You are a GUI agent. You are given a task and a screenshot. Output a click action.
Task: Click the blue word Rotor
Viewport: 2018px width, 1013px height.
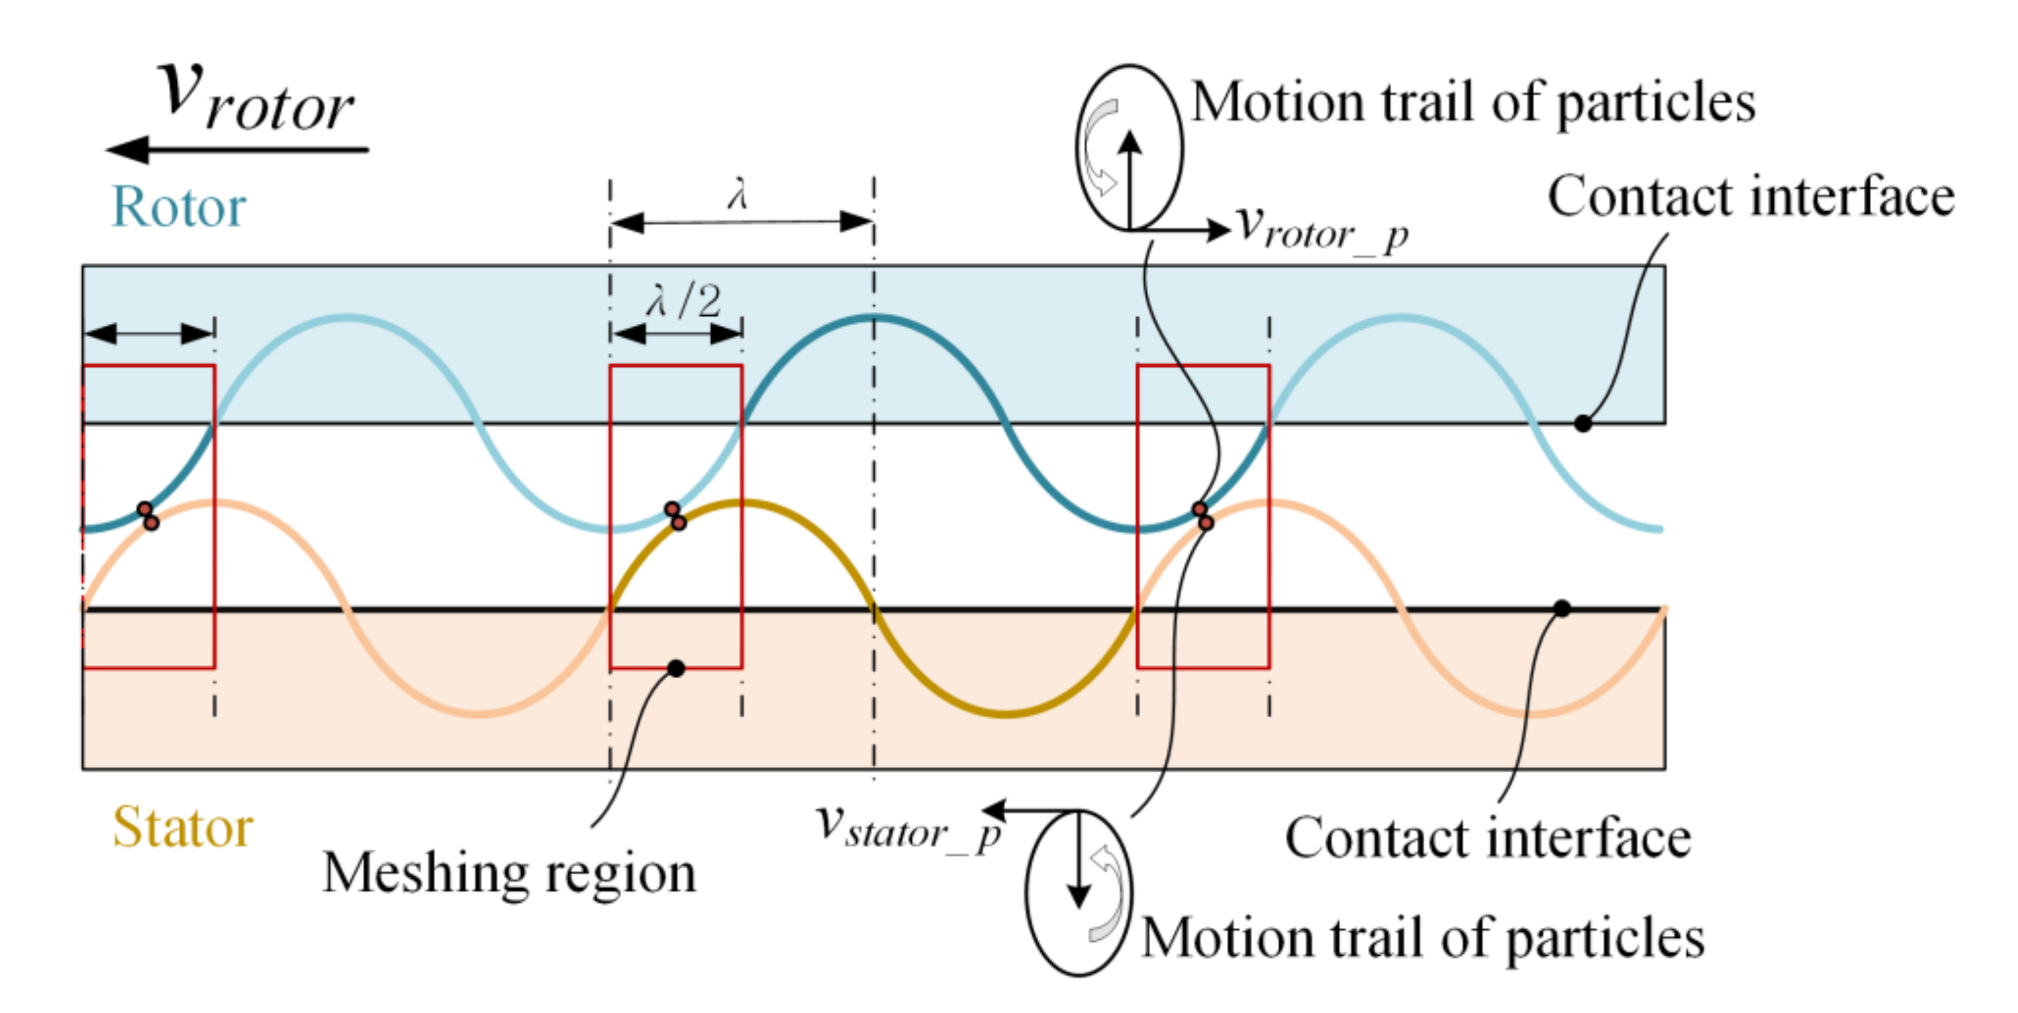(x=179, y=208)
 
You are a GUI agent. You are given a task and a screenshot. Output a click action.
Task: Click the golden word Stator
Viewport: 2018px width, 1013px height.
(x=183, y=828)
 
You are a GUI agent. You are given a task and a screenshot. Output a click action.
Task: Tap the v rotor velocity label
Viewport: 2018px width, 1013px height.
(x=255, y=98)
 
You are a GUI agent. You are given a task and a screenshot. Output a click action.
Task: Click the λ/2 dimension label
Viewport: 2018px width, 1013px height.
(x=684, y=301)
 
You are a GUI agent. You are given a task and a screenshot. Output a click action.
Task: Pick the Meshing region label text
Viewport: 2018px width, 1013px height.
(x=509, y=873)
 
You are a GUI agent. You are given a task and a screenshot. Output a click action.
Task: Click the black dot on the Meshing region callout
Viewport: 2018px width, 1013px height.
(x=676, y=668)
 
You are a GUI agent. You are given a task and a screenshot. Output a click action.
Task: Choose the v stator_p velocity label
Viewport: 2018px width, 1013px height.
(x=908, y=828)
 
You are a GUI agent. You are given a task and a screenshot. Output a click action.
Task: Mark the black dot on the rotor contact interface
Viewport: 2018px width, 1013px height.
(x=1583, y=424)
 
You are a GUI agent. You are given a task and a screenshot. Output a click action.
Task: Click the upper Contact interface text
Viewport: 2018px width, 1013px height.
(x=1751, y=196)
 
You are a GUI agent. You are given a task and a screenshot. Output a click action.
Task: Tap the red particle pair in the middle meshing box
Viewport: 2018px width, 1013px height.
(x=675, y=516)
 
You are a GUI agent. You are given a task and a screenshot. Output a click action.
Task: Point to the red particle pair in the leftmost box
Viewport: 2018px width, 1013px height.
(x=148, y=516)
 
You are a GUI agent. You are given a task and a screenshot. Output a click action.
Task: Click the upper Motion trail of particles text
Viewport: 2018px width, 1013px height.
(x=1473, y=102)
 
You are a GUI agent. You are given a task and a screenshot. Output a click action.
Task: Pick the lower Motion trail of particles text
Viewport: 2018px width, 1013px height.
(x=1423, y=938)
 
